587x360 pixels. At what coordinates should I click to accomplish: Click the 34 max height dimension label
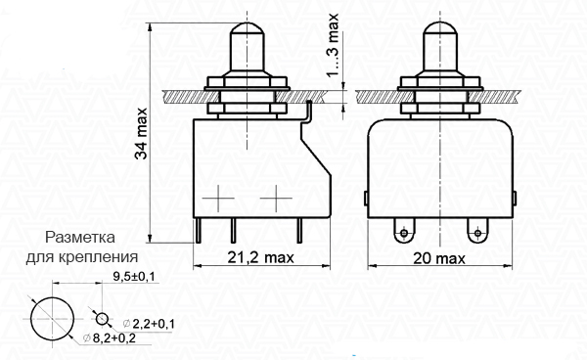142,134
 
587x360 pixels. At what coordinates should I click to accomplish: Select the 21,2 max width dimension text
261,257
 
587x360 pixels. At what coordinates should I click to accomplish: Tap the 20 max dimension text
439,258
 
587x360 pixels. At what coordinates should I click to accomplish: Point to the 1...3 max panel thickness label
333,45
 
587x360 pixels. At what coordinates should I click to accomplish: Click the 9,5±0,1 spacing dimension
134,277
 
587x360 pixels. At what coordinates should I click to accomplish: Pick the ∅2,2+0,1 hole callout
149,324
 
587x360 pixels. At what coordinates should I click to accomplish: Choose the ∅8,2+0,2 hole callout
110,337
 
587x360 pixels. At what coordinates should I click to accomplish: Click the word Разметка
80,238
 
